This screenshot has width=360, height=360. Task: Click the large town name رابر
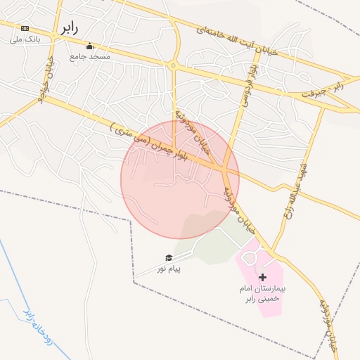pos(67,28)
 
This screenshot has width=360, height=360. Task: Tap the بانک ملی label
pos(26,39)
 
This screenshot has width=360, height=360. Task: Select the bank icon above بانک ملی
pos(25,28)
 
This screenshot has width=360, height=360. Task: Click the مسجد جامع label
pos(89,56)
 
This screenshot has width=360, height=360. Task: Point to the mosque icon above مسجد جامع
pos(89,46)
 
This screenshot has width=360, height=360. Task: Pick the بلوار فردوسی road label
pos(248,79)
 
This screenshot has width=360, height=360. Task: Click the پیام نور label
pos(169,269)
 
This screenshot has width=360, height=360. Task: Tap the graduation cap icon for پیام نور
pos(169,258)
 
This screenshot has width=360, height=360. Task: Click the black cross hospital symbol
pos(262,278)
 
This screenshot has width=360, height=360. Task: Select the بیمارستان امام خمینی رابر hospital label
pos(262,294)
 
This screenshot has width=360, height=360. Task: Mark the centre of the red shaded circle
pos(180,179)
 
